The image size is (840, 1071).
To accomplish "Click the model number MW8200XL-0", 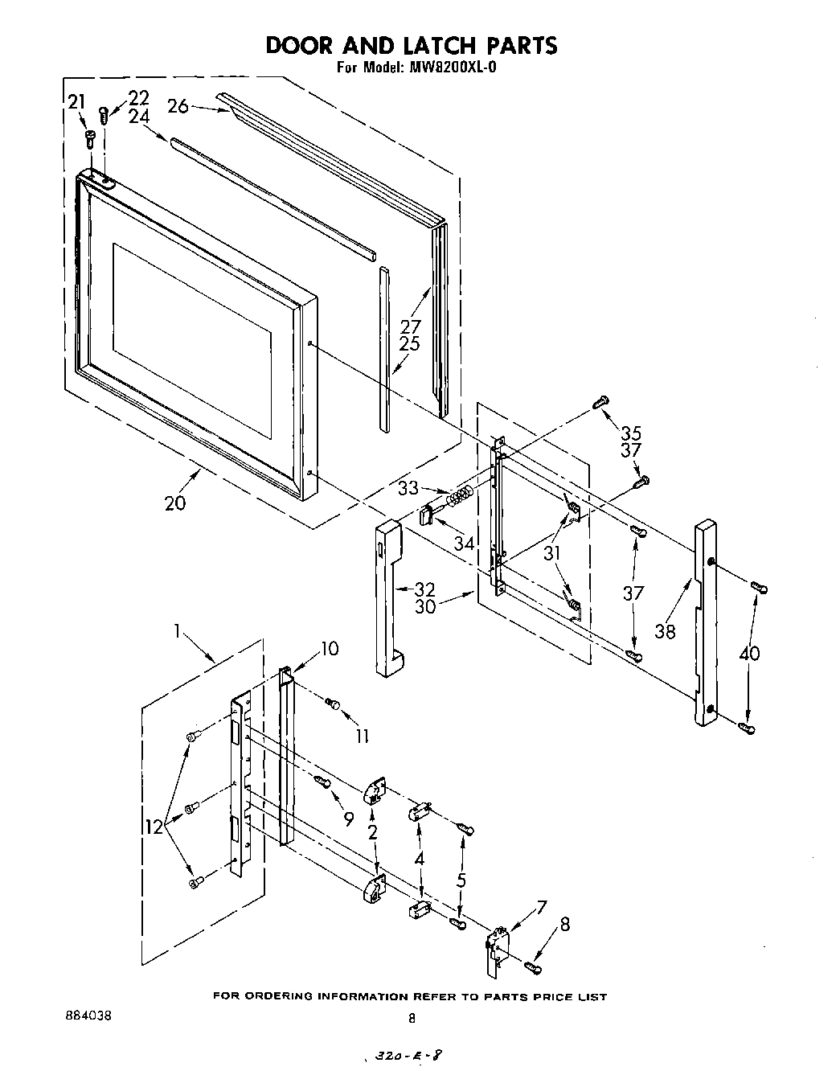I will [449, 68].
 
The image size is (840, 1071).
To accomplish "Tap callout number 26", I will [178, 105].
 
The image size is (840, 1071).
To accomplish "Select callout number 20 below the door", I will [174, 503].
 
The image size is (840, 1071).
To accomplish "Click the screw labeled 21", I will [90, 138].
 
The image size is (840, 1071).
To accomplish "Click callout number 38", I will [665, 630].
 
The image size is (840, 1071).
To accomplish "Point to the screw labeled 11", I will [333, 705].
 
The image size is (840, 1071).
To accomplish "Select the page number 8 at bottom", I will [412, 1018].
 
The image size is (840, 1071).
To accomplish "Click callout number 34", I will [464, 544].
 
